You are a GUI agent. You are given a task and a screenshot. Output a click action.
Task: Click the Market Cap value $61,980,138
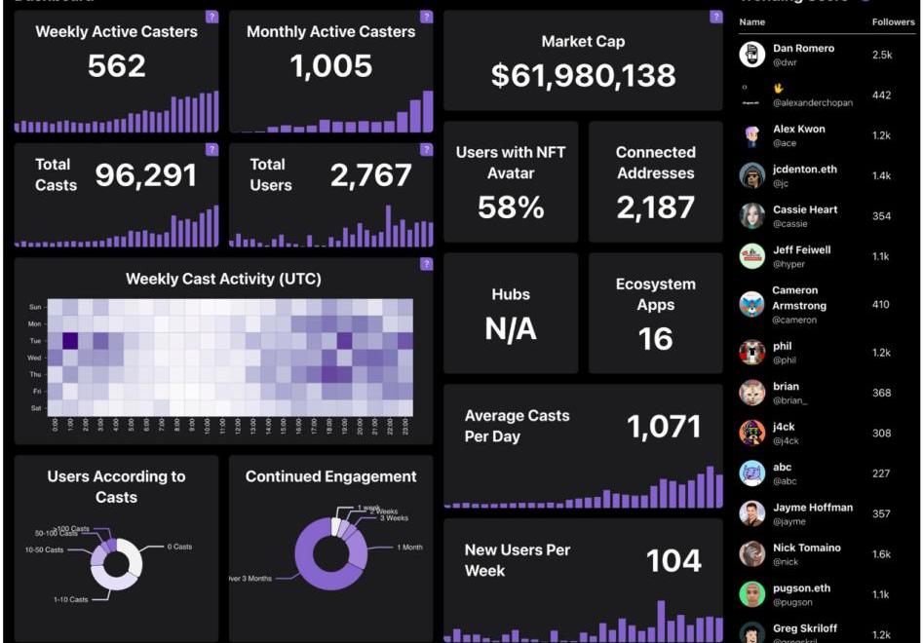click(x=583, y=76)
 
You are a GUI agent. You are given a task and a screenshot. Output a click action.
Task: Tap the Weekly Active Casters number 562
click(x=117, y=65)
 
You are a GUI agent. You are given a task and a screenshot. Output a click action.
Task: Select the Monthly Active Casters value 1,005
click(x=331, y=65)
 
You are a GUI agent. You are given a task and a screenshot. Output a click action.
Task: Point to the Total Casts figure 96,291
click(x=145, y=175)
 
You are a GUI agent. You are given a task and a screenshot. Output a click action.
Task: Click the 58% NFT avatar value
click(x=511, y=207)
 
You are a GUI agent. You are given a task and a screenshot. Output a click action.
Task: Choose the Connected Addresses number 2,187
click(x=655, y=207)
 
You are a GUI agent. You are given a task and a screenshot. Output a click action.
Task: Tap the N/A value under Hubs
click(x=511, y=329)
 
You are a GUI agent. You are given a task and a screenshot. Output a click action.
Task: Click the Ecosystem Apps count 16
click(x=655, y=338)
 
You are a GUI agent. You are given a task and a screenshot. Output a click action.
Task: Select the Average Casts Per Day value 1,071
click(x=664, y=427)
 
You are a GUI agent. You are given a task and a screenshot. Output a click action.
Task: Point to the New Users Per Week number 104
click(x=673, y=560)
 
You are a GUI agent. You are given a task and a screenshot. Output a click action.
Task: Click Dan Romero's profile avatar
click(x=751, y=55)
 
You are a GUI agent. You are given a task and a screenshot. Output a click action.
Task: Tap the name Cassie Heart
click(x=805, y=209)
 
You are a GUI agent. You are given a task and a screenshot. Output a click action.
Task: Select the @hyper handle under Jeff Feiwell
click(x=788, y=264)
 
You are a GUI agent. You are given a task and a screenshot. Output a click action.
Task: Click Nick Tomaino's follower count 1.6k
click(x=881, y=554)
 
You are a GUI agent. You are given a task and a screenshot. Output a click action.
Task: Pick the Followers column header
click(x=893, y=21)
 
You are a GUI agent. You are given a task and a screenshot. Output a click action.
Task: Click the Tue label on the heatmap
click(x=35, y=340)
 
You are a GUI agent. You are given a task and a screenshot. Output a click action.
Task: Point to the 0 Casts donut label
click(x=179, y=547)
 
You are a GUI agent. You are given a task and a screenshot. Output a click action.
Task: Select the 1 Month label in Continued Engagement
click(x=409, y=548)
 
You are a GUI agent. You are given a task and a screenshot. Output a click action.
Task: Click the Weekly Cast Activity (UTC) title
click(x=223, y=280)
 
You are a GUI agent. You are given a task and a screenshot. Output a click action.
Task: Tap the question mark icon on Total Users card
click(x=426, y=149)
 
